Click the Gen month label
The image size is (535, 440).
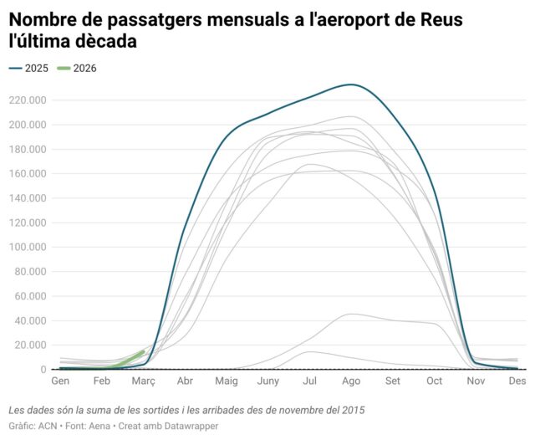coord(60,381)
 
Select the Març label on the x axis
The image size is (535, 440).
coord(142,381)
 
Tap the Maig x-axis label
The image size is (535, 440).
coord(227,381)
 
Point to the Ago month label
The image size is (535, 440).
coord(351,381)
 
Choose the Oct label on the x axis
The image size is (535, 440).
coord(434,381)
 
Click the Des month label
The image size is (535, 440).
coord(517,381)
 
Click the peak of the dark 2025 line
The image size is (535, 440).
coord(352,84)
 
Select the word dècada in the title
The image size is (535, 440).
coord(104,40)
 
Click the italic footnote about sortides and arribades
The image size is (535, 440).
coord(186,410)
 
